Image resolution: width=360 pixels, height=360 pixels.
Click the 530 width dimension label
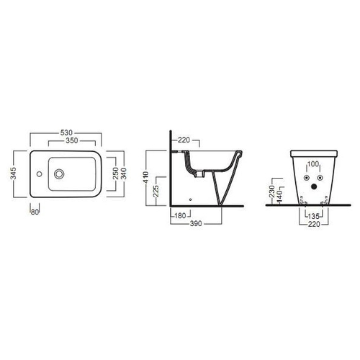(66, 132)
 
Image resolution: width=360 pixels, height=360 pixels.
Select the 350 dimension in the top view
(72, 140)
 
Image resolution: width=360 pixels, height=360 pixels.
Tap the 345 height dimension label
(14, 174)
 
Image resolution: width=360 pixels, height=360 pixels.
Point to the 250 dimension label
(116, 174)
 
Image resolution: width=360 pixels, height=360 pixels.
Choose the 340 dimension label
(123, 174)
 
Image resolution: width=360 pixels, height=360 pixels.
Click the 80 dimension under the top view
(35, 212)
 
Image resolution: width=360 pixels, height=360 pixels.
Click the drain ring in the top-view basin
(59, 174)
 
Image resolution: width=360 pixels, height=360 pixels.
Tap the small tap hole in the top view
(39, 174)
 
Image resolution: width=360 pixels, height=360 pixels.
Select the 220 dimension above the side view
(184, 140)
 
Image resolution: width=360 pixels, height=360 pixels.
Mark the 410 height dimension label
(145, 178)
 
